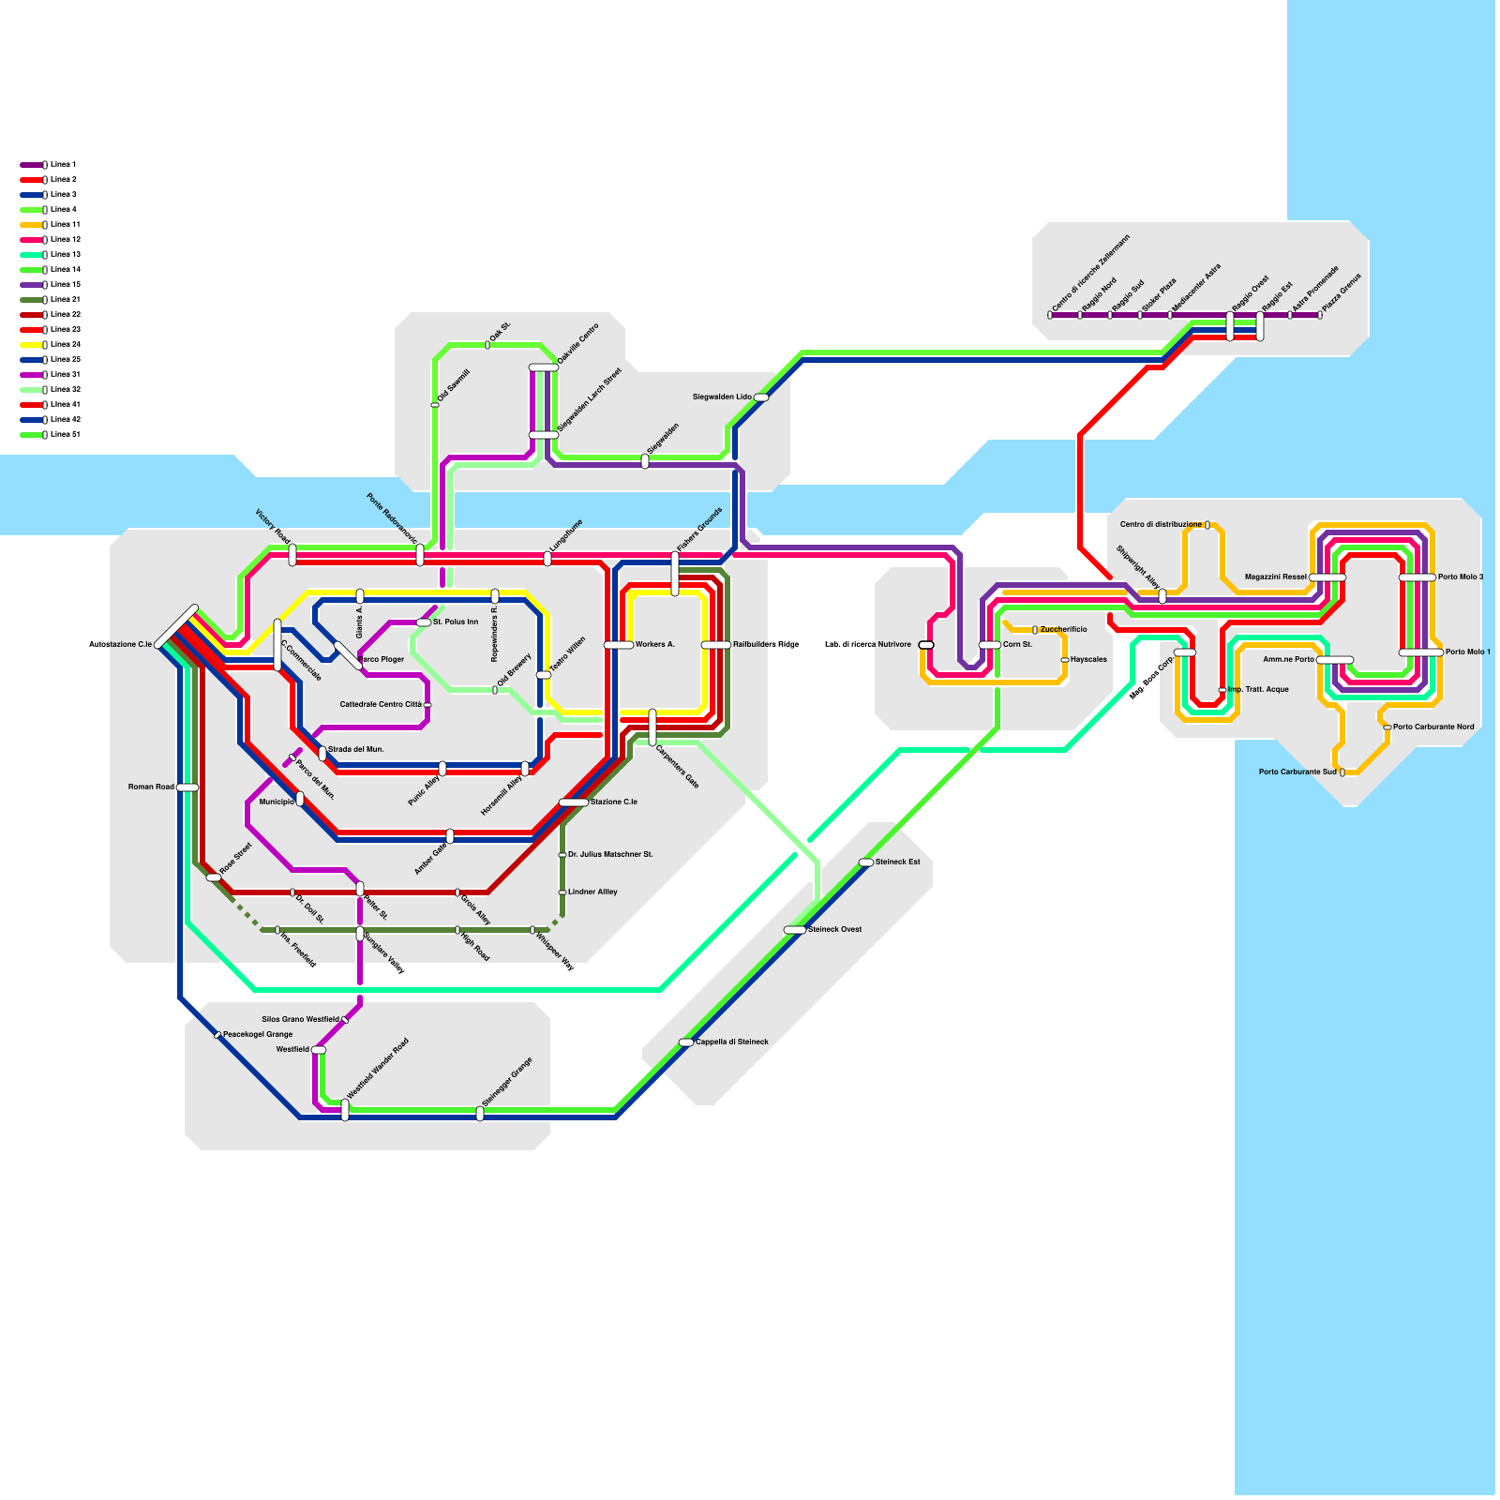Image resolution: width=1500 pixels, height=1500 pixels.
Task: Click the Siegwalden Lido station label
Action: click(x=722, y=397)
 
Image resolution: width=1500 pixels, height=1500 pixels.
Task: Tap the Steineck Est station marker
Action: click(x=866, y=862)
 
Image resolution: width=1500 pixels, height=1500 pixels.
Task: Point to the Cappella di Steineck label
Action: click(x=731, y=1042)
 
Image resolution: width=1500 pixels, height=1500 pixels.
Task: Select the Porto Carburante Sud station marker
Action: click(x=1342, y=772)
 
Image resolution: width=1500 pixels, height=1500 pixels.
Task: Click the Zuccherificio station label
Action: click(x=1063, y=630)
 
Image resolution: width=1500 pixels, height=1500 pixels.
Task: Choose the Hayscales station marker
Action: click(x=1065, y=660)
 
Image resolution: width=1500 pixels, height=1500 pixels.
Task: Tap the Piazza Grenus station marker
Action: click(x=1320, y=315)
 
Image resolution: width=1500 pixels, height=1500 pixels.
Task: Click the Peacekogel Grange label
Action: click(x=257, y=1035)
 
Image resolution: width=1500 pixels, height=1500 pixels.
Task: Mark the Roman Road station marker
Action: click(x=187, y=787)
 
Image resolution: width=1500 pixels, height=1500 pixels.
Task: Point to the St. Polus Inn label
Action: click(x=456, y=622)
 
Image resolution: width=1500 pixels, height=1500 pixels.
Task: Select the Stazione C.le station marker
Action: click(x=574, y=802)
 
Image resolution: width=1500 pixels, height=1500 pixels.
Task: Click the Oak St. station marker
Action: click(x=487, y=345)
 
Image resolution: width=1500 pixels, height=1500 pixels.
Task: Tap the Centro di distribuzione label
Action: click(x=1161, y=525)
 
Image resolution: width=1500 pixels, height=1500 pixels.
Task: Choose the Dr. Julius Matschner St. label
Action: click(x=610, y=855)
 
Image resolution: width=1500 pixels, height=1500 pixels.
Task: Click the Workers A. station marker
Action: click(x=619, y=645)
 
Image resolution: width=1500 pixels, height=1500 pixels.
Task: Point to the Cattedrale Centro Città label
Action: click(x=381, y=705)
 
